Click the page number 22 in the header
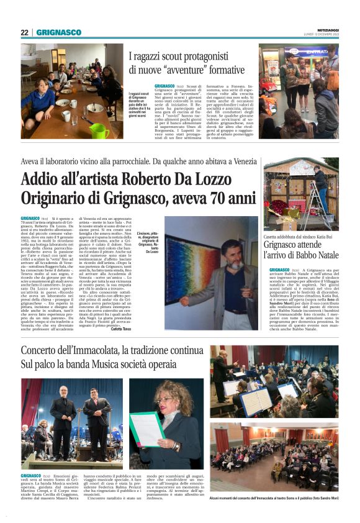(25, 32)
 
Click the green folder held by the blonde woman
(147, 428)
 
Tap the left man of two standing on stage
(63, 425)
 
